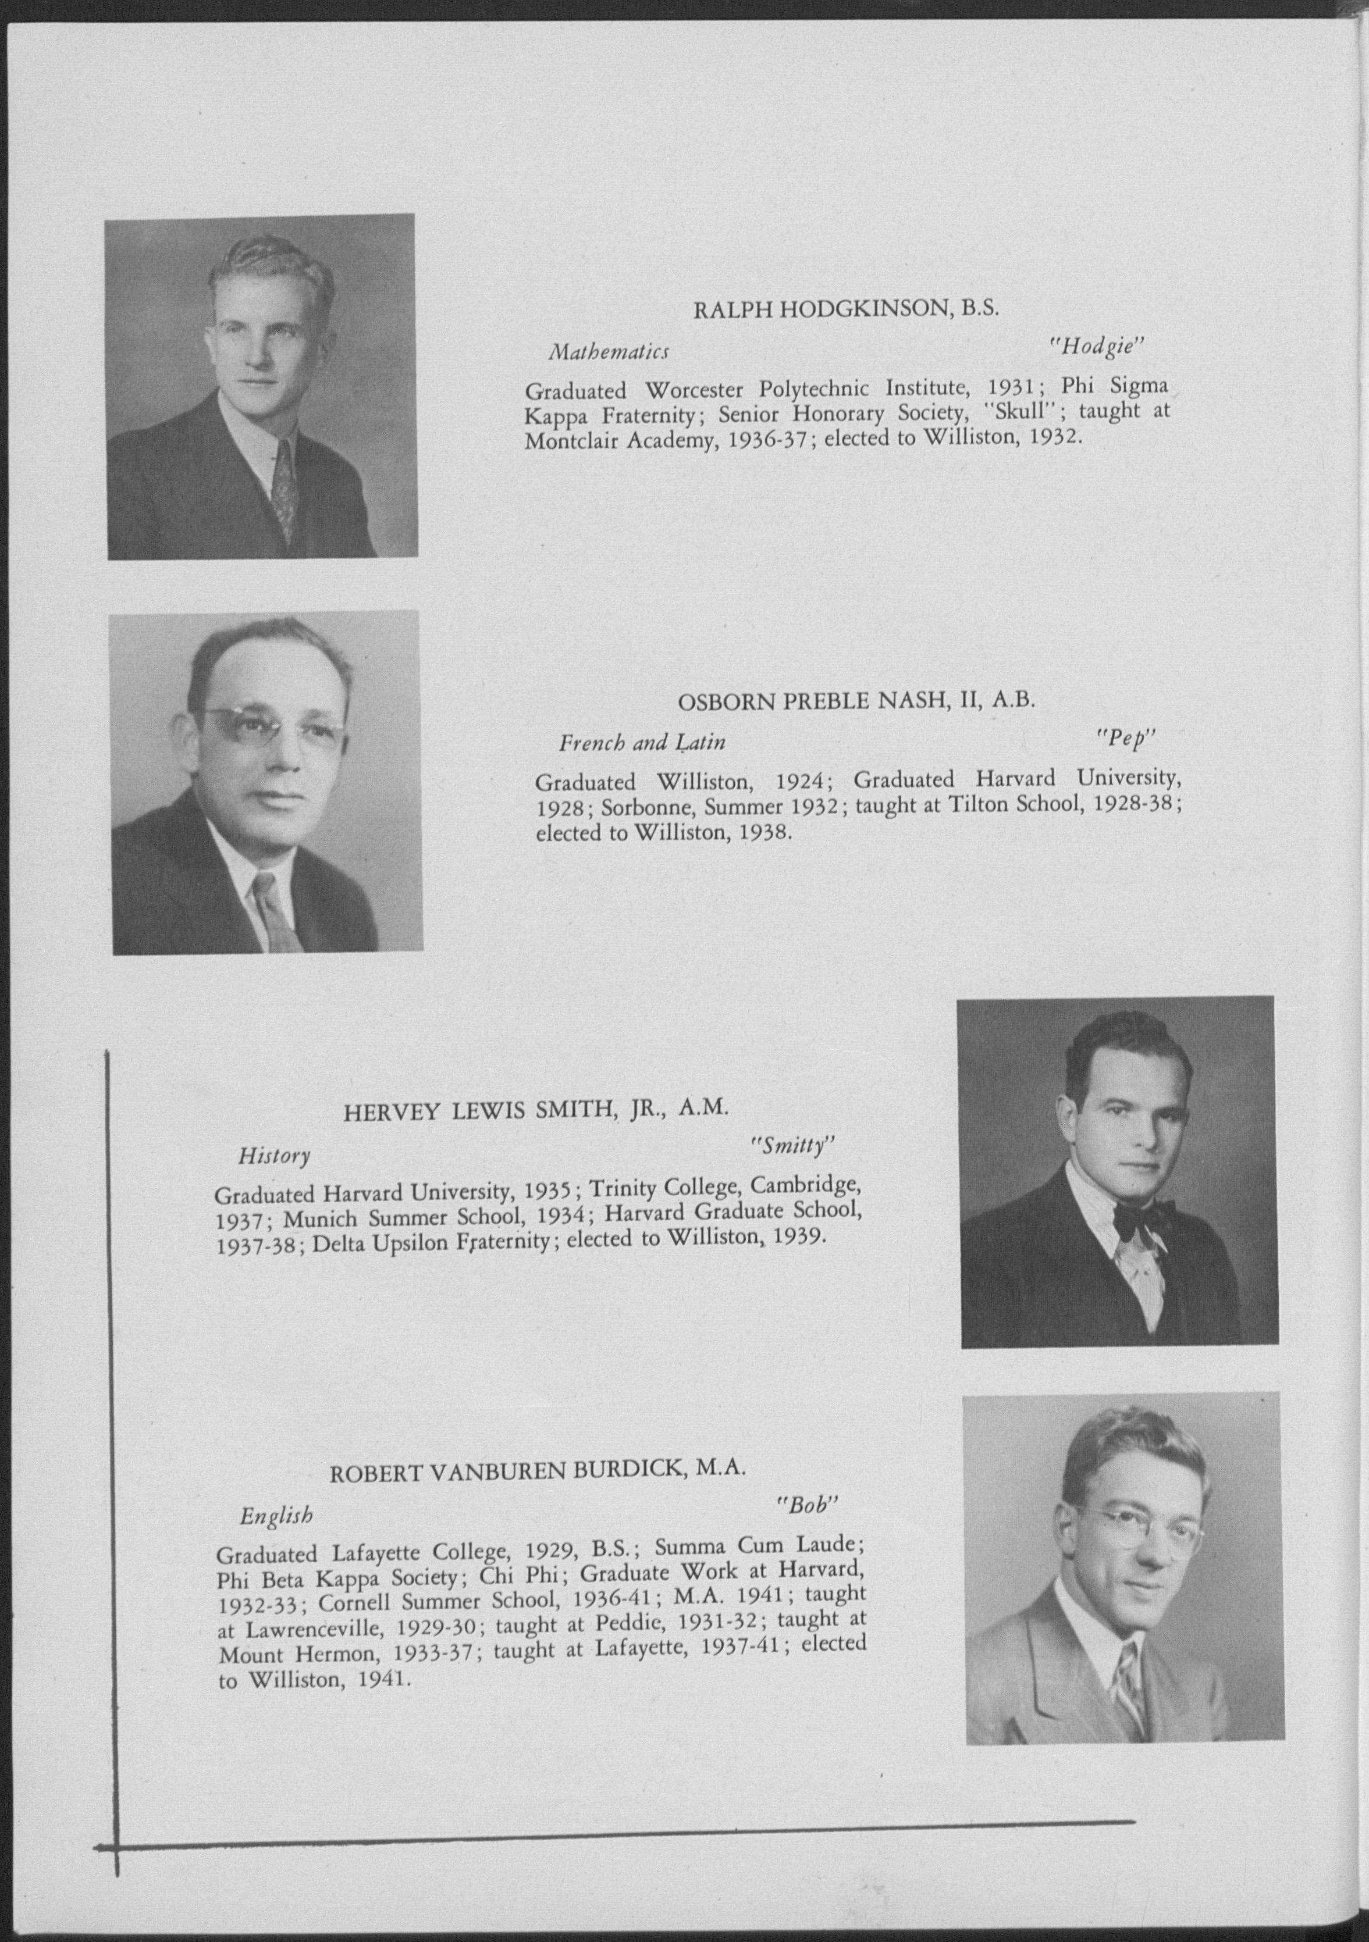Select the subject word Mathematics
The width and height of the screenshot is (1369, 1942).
click(x=609, y=351)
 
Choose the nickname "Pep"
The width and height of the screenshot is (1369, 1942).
click(x=1126, y=737)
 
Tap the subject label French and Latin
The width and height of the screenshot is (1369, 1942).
click(x=642, y=743)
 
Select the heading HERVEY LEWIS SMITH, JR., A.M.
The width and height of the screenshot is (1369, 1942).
click(x=536, y=1110)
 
